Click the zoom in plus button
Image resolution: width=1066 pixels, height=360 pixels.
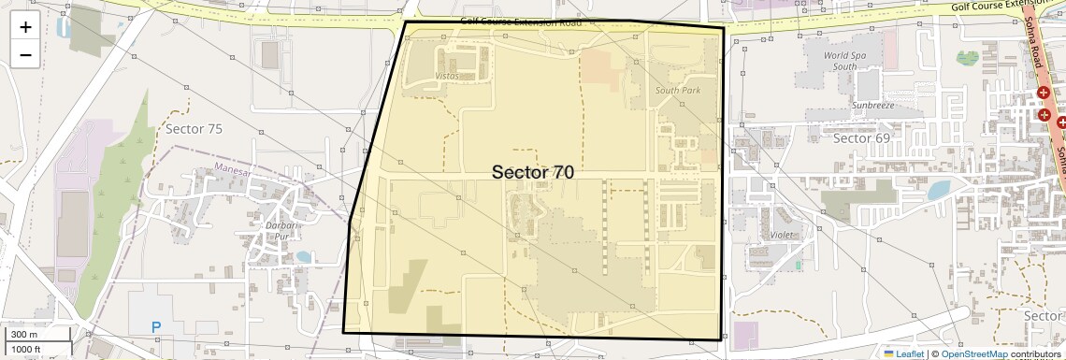[x=25, y=27]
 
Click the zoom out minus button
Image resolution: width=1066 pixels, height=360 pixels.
[x=25, y=54]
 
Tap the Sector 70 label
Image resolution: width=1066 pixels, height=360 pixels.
[x=532, y=172]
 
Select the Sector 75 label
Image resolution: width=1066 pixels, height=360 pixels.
[x=194, y=128]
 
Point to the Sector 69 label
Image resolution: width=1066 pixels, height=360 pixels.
[x=860, y=138]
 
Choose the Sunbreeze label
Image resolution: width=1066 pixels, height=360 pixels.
[x=872, y=107]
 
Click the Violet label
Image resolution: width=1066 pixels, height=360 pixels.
[x=780, y=235]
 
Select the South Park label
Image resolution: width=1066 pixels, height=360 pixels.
[x=677, y=91]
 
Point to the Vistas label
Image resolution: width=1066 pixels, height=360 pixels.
[x=447, y=76]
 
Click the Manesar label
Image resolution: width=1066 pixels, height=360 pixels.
[x=234, y=169]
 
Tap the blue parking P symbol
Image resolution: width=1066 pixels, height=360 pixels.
[x=155, y=327]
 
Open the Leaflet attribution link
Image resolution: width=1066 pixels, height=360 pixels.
[x=902, y=353]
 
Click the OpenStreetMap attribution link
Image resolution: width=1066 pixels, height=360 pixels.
[x=973, y=353]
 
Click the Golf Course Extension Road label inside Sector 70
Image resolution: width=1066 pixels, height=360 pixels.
[x=521, y=22]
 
